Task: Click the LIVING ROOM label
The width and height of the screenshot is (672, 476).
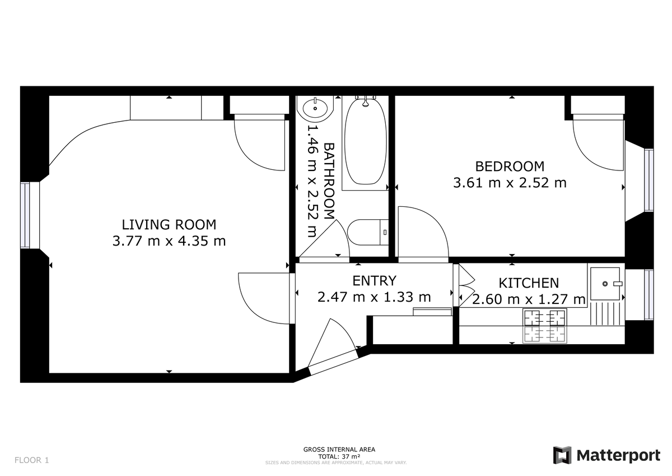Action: tap(169, 225)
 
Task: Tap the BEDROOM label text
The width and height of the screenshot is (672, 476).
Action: tap(510, 167)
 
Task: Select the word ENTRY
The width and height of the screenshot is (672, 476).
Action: tap(374, 281)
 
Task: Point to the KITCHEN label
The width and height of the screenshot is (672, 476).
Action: tap(529, 283)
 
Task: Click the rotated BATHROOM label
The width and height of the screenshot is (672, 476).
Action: tap(329, 181)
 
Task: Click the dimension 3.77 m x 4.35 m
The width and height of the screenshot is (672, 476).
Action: tap(169, 241)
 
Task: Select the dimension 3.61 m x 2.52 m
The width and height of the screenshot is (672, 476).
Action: tap(510, 183)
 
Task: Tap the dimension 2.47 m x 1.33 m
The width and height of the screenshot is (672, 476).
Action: tap(374, 297)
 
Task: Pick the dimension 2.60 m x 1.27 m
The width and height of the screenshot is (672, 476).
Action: tap(529, 299)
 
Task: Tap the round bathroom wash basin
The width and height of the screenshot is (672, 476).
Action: tap(315, 108)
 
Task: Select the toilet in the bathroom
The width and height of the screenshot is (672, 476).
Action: tap(368, 232)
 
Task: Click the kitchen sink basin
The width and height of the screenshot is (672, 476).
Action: tap(605, 284)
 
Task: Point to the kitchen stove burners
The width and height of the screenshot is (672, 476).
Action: tap(544, 326)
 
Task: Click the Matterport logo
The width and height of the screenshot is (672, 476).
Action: tap(606, 455)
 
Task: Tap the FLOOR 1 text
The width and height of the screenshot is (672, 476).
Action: tap(31, 460)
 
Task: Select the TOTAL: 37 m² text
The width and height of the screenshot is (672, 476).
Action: tap(339, 456)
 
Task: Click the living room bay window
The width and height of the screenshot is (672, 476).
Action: tap(25, 215)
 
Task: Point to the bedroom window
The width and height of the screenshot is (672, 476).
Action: tap(649, 180)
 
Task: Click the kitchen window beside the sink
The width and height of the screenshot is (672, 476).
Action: tap(649, 294)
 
